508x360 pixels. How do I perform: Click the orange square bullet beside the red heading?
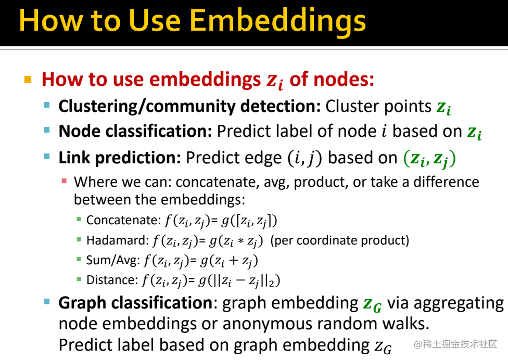[x=28, y=79]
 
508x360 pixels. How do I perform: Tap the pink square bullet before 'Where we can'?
[x=64, y=181]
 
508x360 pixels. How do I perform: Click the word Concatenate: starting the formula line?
[x=124, y=220]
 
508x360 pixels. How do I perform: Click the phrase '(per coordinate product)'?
[x=340, y=240]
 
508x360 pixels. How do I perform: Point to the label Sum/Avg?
[x=113, y=261]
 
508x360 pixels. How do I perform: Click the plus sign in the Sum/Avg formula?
[x=233, y=261]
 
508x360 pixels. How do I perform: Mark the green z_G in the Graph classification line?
[x=372, y=305]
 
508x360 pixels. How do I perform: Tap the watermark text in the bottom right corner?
[x=455, y=344]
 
